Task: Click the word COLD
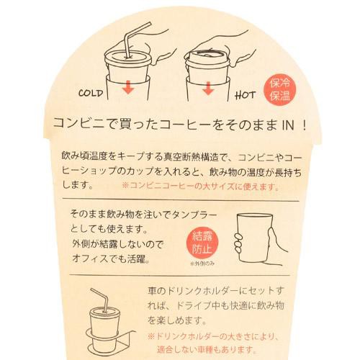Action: (x=91, y=93)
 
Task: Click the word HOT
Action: (x=245, y=95)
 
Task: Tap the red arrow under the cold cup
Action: (x=128, y=87)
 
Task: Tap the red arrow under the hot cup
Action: (x=208, y=88)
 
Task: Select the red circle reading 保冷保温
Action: (x=280, y=89)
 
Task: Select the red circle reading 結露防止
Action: (x=202, y=243)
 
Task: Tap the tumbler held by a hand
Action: (x=255, y=238)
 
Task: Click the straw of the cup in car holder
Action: (x=100, y=300)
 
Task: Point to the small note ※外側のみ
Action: (x=202, y=264)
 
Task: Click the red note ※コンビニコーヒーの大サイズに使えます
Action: (x=201, y=186)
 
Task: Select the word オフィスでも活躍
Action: (x=111, y=258)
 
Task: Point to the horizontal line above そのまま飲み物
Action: (x=181, y=200)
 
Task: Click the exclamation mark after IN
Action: (x=305, y=125)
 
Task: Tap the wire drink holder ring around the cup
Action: (x=110, y=335)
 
